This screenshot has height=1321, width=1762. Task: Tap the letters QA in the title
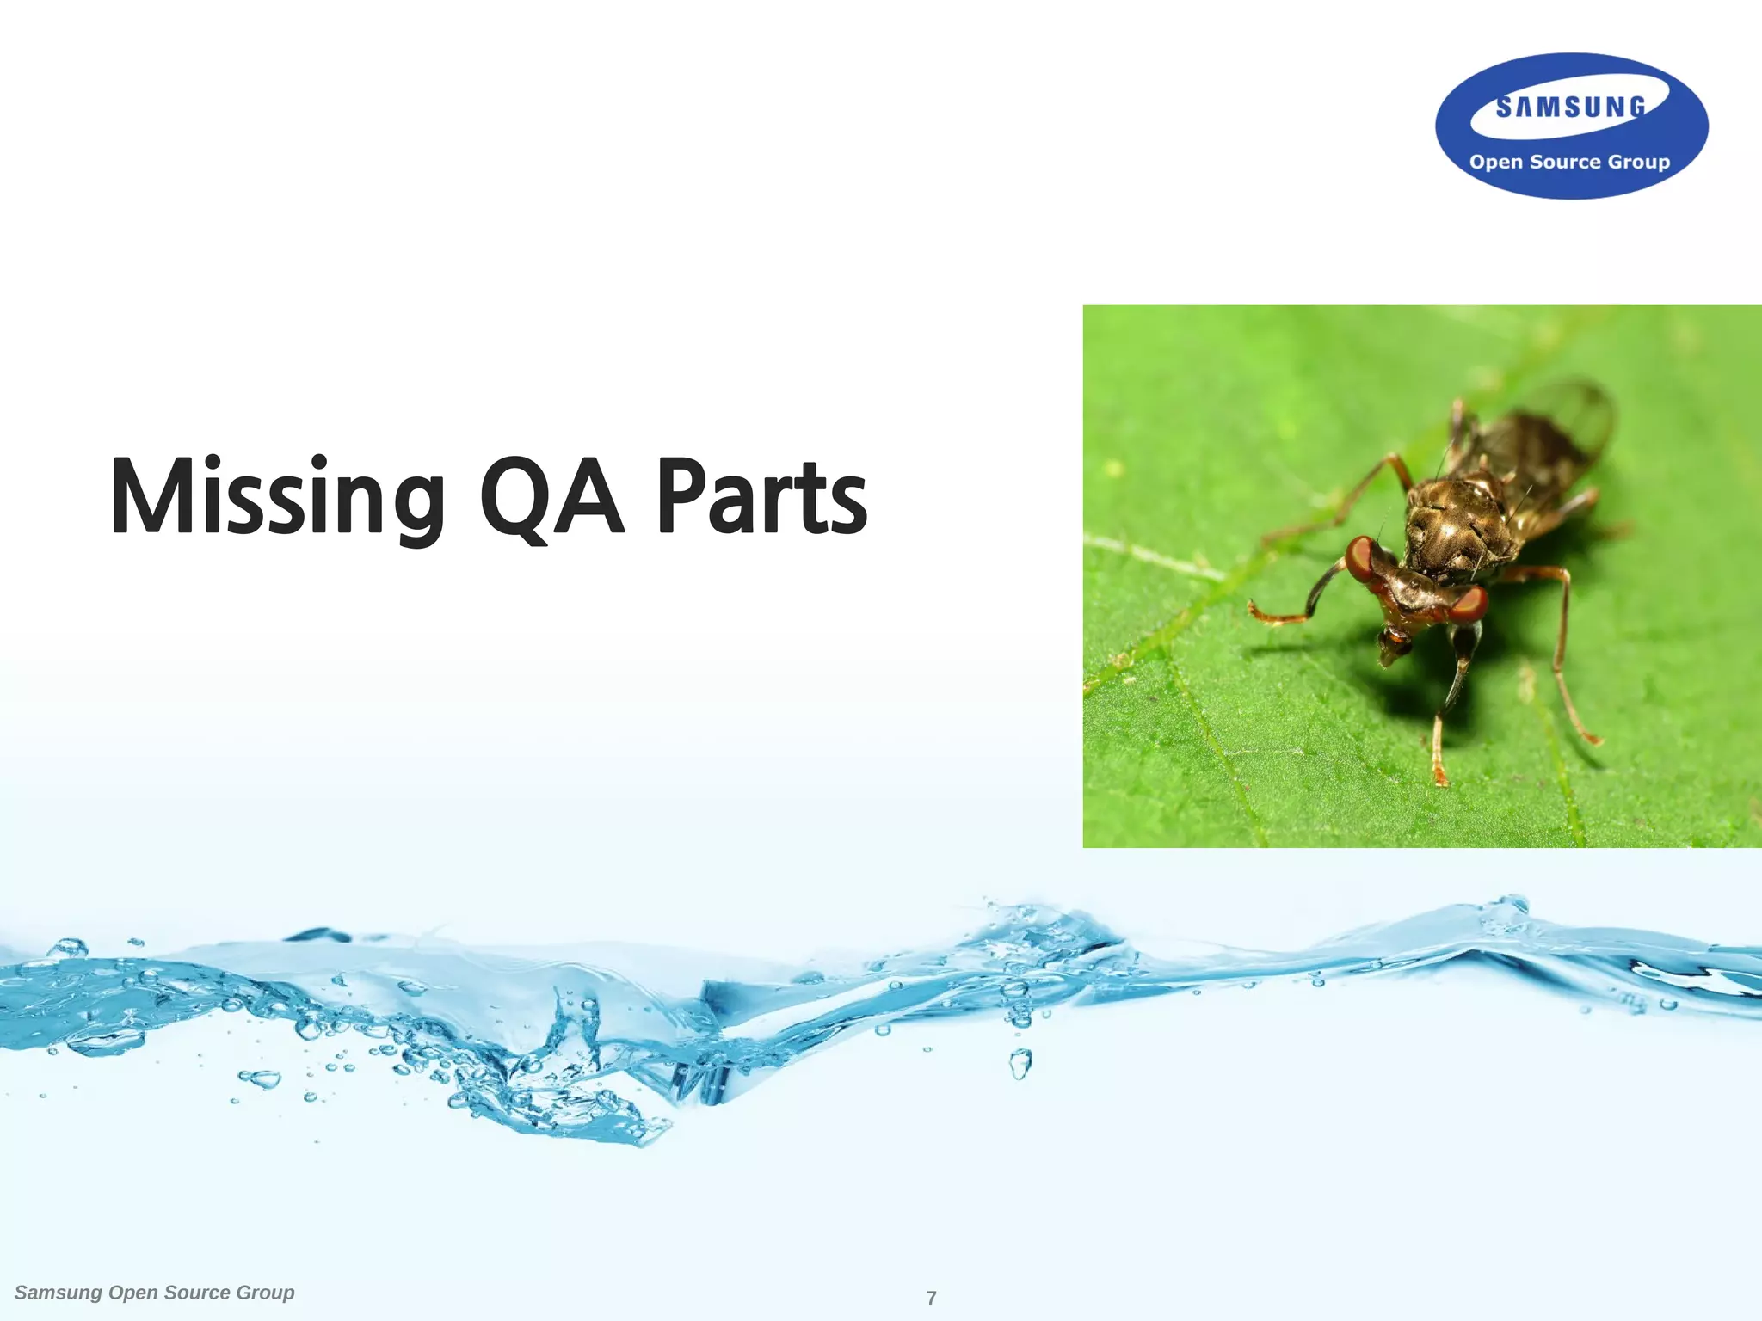(551, 497)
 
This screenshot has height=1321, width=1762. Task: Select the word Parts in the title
(761, 497)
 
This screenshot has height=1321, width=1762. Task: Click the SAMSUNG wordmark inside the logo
(1571, 108)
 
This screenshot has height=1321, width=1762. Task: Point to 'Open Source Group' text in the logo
(1569, 162)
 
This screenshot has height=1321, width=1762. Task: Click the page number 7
(931, 1298)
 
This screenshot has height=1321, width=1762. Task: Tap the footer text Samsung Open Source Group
(155, 1293)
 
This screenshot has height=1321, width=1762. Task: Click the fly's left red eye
(1362, 559)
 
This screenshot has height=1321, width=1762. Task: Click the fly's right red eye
(1470, 604)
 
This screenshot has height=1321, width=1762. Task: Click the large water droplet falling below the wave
(1020, 1064)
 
